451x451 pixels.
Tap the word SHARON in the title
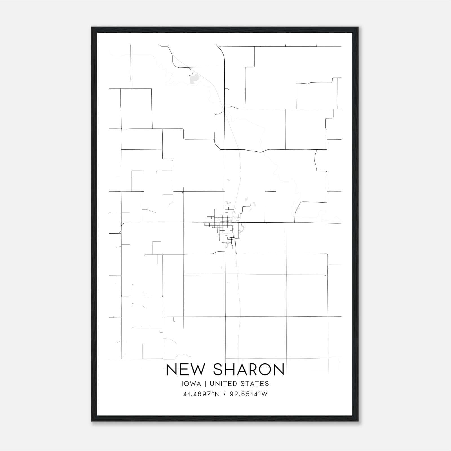[x=248, y=370]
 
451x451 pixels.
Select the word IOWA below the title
[x=191, y=384]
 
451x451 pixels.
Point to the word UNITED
[x=223, y=384]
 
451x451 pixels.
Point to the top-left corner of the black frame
[x=92, y=27]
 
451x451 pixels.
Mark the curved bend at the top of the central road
[x=222, y=51]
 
